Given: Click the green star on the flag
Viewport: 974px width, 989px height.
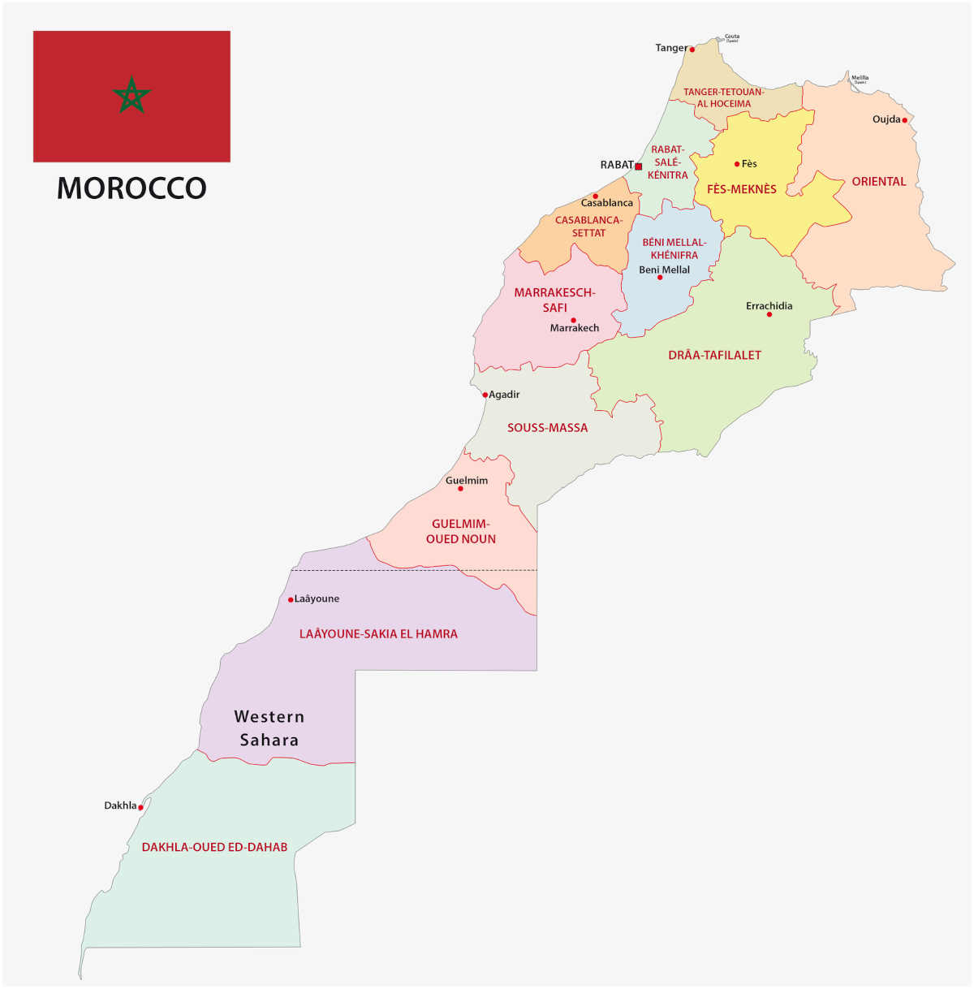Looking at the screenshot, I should pos(131,96).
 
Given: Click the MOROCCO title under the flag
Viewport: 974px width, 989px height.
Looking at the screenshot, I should pos(131,188).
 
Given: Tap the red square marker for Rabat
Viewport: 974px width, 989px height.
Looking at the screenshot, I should pos(639,166).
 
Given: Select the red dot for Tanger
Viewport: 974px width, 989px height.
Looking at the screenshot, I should pos(692,50).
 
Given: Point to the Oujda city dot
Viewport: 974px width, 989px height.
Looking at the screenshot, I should pos(905,120).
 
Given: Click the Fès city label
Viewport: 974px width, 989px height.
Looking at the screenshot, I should pos(749,164).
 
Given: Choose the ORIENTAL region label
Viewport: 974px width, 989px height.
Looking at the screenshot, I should pos(878,182).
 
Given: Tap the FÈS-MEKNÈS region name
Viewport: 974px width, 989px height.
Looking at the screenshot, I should pos(741,189).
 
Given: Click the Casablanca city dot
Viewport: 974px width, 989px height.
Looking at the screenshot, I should pos(595,197).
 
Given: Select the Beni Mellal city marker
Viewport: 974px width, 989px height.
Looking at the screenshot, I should pos(660,278).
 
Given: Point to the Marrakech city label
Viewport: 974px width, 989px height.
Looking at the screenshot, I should pos(575,328).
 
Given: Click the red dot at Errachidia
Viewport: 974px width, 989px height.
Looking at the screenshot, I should pos(769,314).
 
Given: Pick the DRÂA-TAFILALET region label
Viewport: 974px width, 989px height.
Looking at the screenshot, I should pos(714,355).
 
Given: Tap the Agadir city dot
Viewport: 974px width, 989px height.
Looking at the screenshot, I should pos(485,395).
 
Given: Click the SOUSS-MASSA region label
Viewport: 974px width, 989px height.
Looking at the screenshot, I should pos(547,428).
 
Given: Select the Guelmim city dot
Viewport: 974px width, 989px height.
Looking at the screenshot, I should pos(460,489).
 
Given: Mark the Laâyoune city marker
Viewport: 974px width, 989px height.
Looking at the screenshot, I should pos(291,600).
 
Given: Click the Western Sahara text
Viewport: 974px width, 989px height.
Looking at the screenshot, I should pos(269,728).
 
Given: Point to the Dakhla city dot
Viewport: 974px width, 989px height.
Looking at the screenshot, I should pos(140,808).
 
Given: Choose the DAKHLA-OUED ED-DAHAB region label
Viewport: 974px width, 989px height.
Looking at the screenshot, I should pos(214,847).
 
